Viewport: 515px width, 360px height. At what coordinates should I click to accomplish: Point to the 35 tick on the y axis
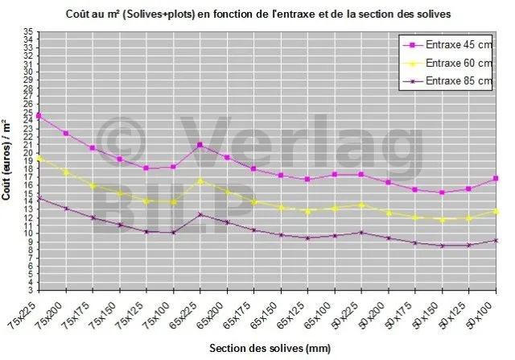pyautogui.click(x=29, y=31)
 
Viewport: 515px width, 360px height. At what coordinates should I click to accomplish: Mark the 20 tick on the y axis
pyautogui.click(x=29, y=153)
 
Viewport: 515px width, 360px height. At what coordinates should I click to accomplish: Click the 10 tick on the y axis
pyautogui.click(x=29, y=234)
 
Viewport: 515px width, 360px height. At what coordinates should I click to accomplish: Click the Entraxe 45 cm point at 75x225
pyautogui.click(x=39, y=116)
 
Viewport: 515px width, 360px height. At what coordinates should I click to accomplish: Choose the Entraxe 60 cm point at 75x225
pyautogui.click(x=39, y=158)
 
